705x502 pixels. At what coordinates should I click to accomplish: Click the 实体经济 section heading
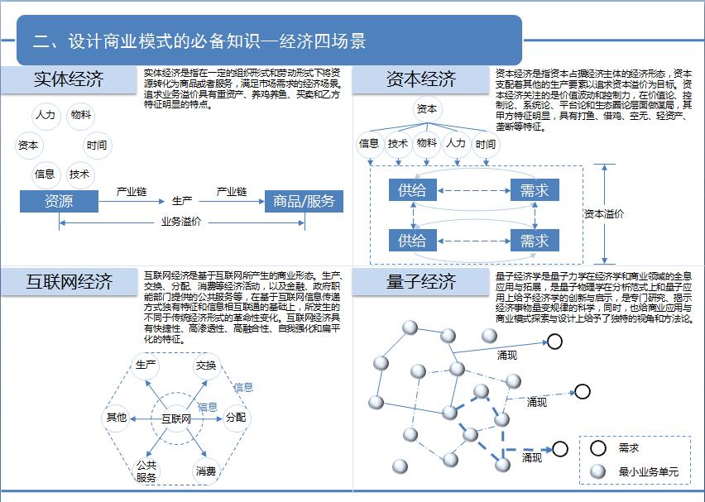pyautogui.click(x=69, y=80)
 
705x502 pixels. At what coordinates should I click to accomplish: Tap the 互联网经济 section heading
pyautogui.click(x=69, y=281)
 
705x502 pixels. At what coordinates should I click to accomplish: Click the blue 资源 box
pyautogui.click(x=59, y=201)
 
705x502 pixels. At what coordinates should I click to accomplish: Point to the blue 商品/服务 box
pyautogui.click(x=304, y=201)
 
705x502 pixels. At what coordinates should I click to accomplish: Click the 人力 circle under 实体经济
pyautogui.click(x=45, y=115)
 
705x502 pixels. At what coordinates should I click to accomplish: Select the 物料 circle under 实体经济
pyautogui.click(x=81, y=115)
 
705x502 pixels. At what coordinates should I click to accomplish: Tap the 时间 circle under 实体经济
pyautogui.click(x=97, y=146)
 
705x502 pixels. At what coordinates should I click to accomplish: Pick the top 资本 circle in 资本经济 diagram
pyautogui.click(x=427, y=109)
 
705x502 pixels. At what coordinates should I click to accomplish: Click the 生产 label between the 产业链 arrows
pyautogui.click(x=182, y=201)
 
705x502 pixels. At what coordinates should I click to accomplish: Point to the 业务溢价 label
pyautogui.click(x=182, y=222)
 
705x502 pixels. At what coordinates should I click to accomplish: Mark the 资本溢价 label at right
pyautogui.click(x=604, y=213)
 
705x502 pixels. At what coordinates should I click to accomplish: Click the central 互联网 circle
pyautogui.click(x=176, y=418)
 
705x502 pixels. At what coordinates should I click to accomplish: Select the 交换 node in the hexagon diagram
pyautogui.click(x=206, y=365)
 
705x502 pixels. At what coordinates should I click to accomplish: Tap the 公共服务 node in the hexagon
pyautogui.click(x=146, y=471)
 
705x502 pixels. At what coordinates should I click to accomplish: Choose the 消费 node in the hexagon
pyautogui.click(x=206, y=471)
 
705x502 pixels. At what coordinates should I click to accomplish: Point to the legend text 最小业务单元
pyautogui.click(x=649, y=472)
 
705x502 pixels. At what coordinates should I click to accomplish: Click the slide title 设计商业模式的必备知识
pyautogui.click(x=199, y=41)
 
